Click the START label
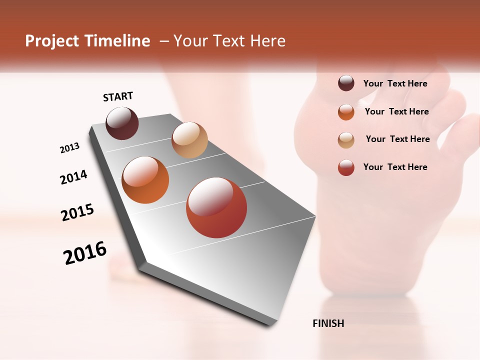click(118, 96)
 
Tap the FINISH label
click(328, 323)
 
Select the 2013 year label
click(69, 148)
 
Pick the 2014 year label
click(73, 177)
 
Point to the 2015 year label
click(77, 212)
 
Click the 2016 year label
click(85, 253)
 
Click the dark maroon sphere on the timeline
click(122, 123)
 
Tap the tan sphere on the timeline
click(189, 140)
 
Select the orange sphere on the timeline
click(145, 180)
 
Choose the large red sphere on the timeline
click(216, 207)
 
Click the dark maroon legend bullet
click(346, 83)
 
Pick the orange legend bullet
click(346, 112)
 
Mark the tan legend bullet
click(346, 140)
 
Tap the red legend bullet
click(346, 167)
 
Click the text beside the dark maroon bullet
click(395, 84)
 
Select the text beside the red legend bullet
click(395, 167)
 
